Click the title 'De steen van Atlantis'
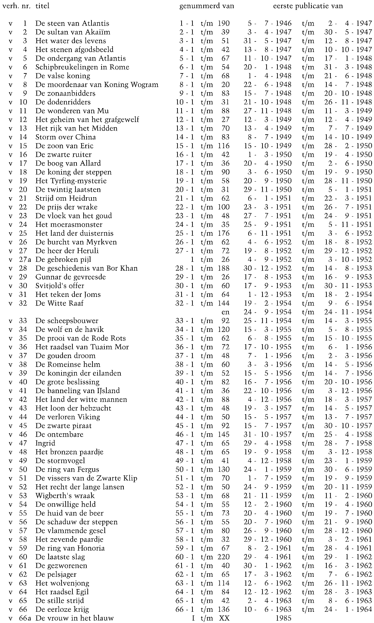(x=72, y=23)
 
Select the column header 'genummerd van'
(x=206, y=6)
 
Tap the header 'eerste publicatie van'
(x=308, y=6)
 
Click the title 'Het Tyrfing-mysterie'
(x=71, y=181)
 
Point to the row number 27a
(x=24, y=259)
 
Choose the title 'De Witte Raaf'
(x=59, y=303)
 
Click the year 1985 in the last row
(x=284, y=618)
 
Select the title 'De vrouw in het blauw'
(x=74, y=618)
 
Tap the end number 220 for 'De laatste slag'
(x=224, y=557)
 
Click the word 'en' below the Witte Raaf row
(x=225, y=312)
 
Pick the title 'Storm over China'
(x=65, y=137)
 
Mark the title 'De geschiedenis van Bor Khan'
(x=86, y=268)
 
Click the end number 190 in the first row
(x=224, y=23)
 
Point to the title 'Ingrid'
(x=45, y=443)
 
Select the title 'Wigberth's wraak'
(x=65, y=495)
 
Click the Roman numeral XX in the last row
(x=224, y=618)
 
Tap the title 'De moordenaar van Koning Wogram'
(x=97, y=85)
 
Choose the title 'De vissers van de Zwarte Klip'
(x=86, y=478)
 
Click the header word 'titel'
(x=42, y=6)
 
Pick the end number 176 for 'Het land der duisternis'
(x=224, y=233)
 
